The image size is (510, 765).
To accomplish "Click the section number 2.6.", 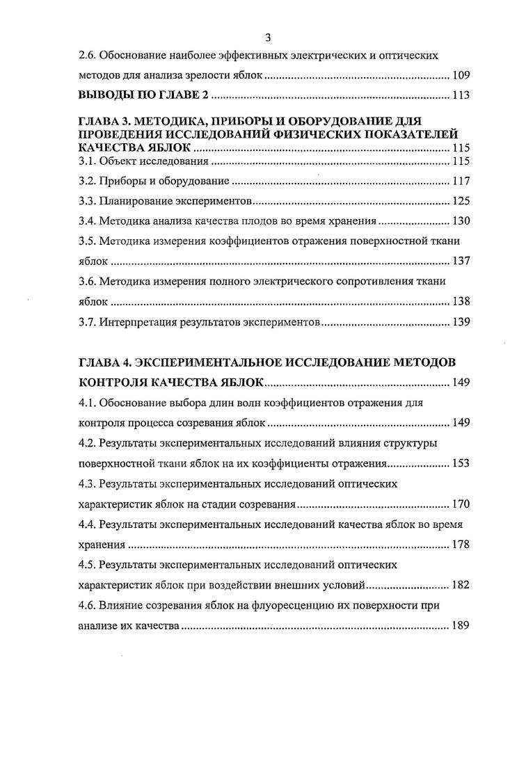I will pyautogui.click(x=88, y=55).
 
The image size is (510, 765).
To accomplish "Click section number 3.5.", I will pyautogui.click(x=87, y=242).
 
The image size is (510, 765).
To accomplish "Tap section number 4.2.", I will pyautogui.click(x=87, y=443).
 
